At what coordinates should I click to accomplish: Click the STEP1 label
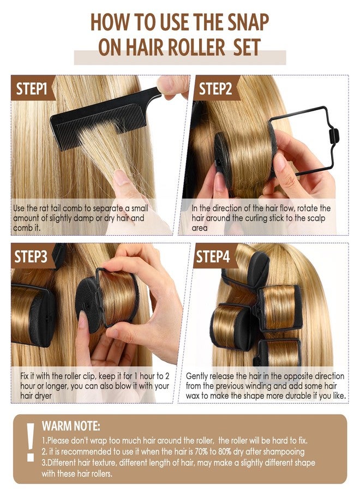[x=31, y=88]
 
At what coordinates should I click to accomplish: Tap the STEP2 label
[x=215, y=88]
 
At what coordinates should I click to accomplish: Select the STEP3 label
[x=31, y=256]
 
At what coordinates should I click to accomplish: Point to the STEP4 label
[x=213, y=256]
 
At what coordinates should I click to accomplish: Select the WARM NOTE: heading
[x=71, y=426]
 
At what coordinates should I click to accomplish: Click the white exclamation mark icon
[x=31, y=442]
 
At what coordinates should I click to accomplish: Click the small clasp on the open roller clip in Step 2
[x=334, y=136]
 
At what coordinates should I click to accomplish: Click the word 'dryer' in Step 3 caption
[x=44, y=396]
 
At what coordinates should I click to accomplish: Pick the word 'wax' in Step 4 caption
[x=193, y=396]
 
